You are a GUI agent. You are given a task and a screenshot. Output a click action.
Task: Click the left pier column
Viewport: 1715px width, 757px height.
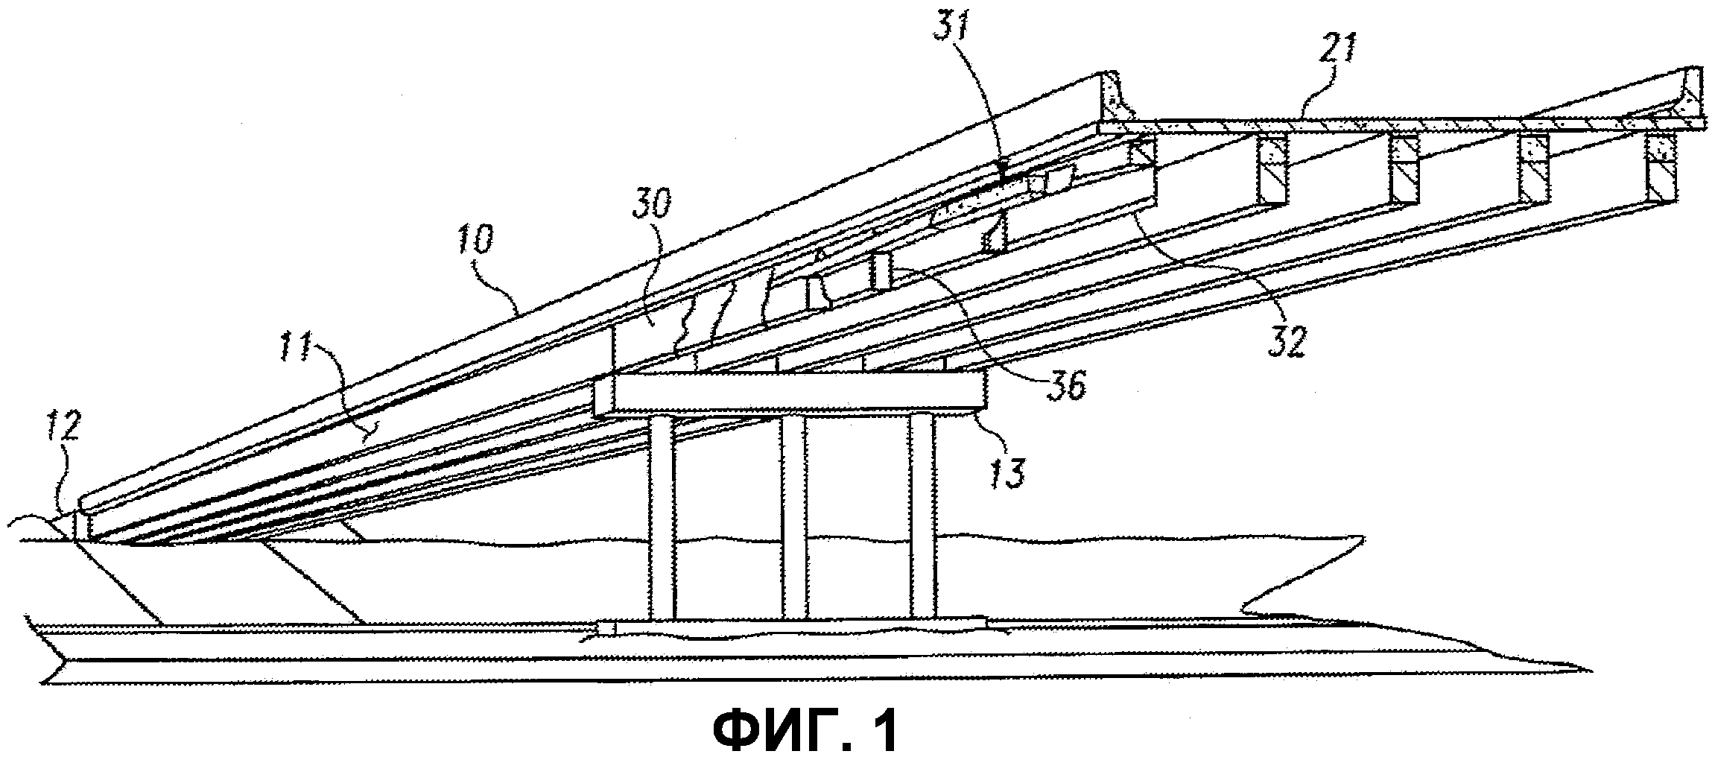(662, 516)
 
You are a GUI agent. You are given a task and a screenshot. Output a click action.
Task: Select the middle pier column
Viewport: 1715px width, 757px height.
(794, 516)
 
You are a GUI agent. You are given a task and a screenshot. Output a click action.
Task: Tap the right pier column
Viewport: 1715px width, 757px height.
(922, 516)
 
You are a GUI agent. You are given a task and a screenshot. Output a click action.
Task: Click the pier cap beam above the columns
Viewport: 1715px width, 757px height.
(791, 394)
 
